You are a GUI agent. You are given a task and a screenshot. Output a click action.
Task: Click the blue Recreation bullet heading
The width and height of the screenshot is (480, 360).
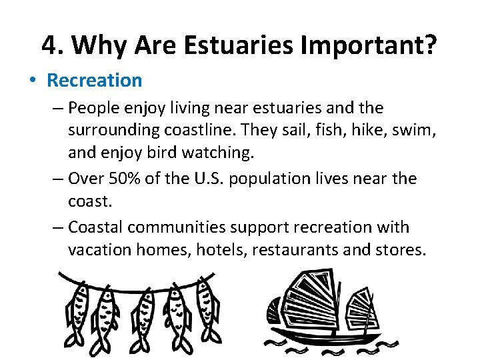point(94,81)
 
